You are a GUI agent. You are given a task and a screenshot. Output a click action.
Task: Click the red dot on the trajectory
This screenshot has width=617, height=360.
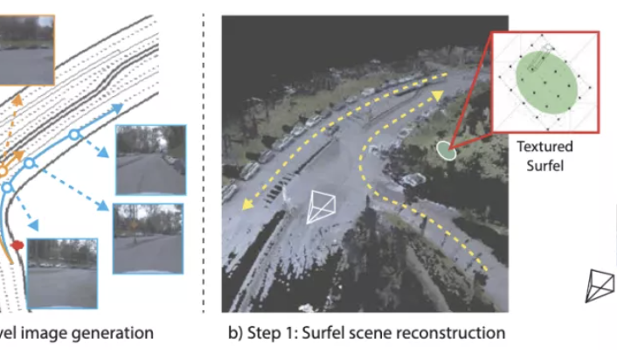[17, 246]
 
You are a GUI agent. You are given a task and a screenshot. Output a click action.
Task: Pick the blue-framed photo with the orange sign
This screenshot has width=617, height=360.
[148, 233]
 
